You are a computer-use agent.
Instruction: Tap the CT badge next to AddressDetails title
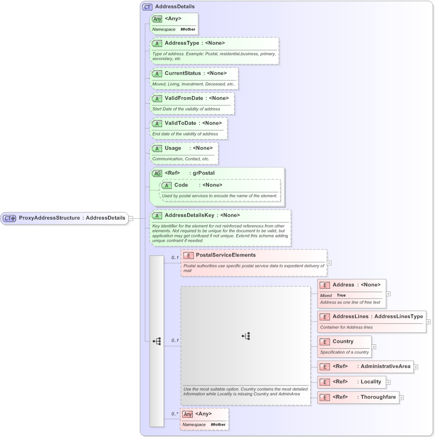(x=147, y=7)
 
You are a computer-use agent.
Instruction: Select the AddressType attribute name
(x=182, y=43)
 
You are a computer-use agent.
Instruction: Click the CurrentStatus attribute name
(x=183, y=73)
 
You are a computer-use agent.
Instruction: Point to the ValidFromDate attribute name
(x=184, y=98)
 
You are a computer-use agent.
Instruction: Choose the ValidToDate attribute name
(x=180, y=123)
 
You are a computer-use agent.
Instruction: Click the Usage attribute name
(x=173, y=148)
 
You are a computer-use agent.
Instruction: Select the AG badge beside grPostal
(x=157, y=173)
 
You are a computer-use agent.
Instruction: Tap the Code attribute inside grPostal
(x=181, y=185)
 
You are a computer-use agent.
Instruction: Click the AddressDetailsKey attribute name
(x=189, y=215)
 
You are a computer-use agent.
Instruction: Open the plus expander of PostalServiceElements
(x=329, y=263)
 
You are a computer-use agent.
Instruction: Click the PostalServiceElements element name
(x=225, y=255)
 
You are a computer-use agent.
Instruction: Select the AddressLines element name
(x=350, y=317)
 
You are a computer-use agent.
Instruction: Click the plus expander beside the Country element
(x=374, y=346)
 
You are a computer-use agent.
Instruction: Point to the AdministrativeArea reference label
(x=385, y=366)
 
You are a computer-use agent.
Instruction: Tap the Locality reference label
(x=371, y=382)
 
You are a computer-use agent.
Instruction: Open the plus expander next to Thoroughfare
(x=401, y=397)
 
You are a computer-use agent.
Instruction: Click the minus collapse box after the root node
(x=131, y=218)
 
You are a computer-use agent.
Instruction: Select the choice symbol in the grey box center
(x=246, y=336)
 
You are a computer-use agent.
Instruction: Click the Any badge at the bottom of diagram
(x=188, y=414)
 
